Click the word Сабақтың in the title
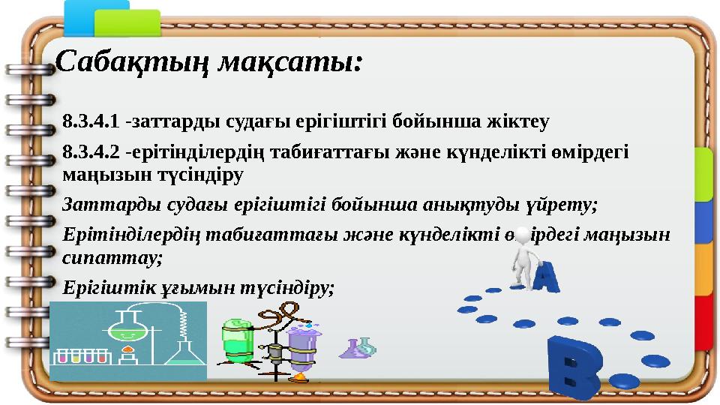[x=132, y=60]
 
